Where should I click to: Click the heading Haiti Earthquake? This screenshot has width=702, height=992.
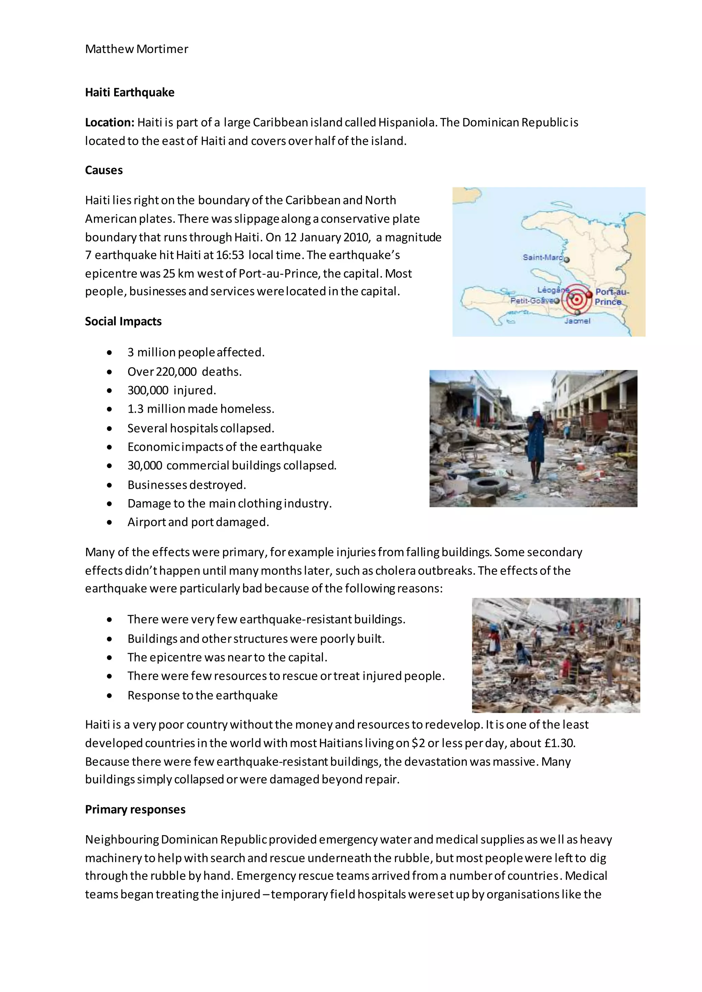click(130, 92)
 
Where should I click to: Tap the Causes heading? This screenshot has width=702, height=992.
click(104, 170)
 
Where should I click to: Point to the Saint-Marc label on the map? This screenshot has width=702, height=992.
click(543, 258)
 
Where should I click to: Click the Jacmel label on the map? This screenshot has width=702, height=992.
click(577, 321)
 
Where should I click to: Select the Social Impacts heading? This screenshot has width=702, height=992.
click(123, 321)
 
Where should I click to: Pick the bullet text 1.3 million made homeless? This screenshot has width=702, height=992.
click(201, 409)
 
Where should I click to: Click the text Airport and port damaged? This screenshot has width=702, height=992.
click(198, 522)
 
